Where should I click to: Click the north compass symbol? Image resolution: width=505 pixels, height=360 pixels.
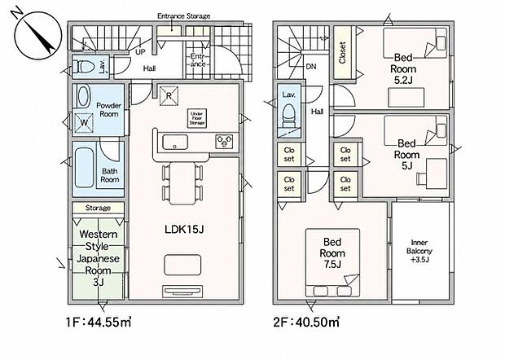point(37,34)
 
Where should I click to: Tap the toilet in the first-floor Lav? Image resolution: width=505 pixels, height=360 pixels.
point(83,68)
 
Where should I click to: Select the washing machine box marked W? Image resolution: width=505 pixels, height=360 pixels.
point(84,123)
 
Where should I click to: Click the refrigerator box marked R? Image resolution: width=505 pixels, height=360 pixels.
point(169,95)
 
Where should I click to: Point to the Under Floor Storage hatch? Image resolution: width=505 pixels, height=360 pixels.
point(196,118)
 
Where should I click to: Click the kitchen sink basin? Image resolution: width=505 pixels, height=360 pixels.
point(175,142)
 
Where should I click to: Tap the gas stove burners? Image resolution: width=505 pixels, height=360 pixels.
point(224,141)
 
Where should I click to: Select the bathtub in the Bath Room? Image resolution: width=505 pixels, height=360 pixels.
point(85,168)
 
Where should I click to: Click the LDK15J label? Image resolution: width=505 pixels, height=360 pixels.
point(184,229)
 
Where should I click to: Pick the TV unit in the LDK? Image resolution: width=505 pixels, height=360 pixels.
point(182,292)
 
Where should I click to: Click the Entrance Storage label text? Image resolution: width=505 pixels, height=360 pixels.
point(183,15)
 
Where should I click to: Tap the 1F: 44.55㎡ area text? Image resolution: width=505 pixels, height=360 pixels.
point(99,322)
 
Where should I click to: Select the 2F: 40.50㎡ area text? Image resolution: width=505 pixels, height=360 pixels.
point(306,322)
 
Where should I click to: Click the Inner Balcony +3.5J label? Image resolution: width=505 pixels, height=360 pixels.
point(419,251)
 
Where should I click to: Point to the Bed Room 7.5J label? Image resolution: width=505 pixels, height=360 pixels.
point(332,253)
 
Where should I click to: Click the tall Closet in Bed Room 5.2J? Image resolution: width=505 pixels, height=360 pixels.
point(342,52)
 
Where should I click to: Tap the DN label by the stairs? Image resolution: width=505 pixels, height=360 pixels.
point(311,67)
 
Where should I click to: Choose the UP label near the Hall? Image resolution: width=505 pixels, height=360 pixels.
point(140,52)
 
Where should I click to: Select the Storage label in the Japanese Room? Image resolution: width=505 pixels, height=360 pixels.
point(98,208)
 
